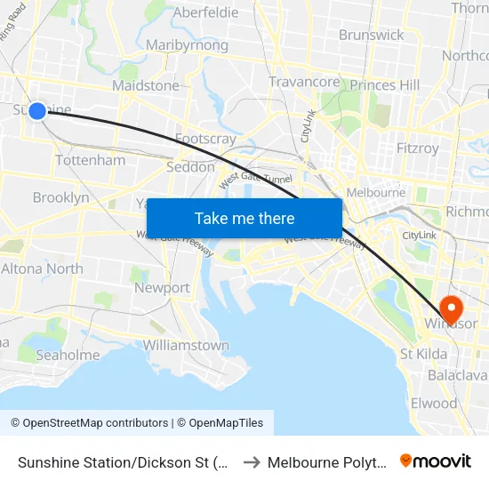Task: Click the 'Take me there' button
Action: pyautogui.click(x=244, y=218)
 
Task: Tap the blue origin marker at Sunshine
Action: pyautogui.click(x=37, y=110)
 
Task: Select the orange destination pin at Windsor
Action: pyautogui.click(x=451, y=309)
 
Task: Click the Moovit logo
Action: pyautogui.click(x=436, y=461)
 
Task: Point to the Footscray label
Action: pyautogui.click(x=205, y=139)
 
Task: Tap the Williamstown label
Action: pyautogui.click(x=186, y=345)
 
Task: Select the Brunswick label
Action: pyautogui.click(x=371, y=35)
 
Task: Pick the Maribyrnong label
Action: pyautogui.click(x=187, y=45)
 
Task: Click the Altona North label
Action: pyautogui.click(x=42, y=269)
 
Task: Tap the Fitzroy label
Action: pyautogui.click(x=418, y=148)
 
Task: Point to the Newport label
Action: pyautogui.click(x=162, y=288)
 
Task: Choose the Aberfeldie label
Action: pyautogui.click(x=205, y=12)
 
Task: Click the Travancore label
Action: pyautogui.click(x=304, y=82)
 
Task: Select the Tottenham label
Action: pyautogui.click(x=90, y=160)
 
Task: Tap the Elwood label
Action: pyautogui.click(x=434, y=403)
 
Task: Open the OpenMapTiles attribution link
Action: pyautogui.click(x=226, y=423)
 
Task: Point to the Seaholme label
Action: pyautogui.click(x=68, y=355)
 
